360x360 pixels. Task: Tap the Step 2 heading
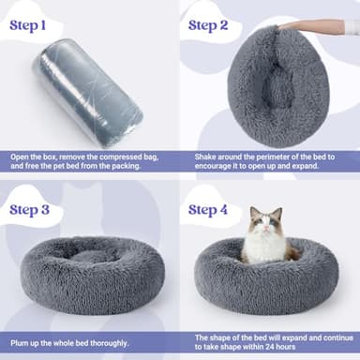[216, 24]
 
